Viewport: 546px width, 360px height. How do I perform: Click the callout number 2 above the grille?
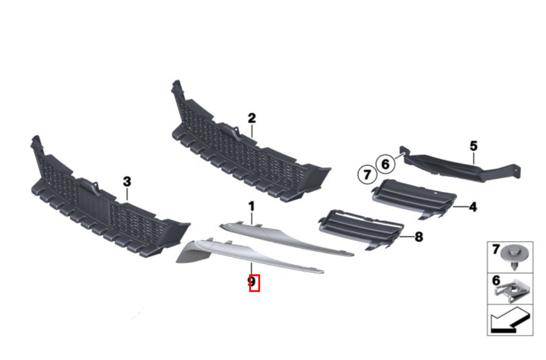click(252, 118)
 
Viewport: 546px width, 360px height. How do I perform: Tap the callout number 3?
click(127, 182)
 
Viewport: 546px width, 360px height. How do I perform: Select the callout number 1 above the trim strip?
click(252, 206)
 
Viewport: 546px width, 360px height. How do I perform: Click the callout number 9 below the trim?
click(252, 282)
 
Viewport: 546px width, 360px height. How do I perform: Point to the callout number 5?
click(474, 146)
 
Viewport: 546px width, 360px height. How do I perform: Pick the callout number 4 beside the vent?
click(473, 207)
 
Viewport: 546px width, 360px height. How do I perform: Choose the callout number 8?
click(419, 237)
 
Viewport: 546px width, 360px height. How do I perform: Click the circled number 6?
click(385, 164)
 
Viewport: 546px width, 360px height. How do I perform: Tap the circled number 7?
click(367, 174)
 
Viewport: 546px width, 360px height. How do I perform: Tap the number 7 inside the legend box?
click(496, 249)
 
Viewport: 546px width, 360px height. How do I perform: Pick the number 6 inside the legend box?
click(496, 280)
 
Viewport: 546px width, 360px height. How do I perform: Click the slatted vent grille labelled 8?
click(361, 229)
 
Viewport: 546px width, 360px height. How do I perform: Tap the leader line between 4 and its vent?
click(460, 207)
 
